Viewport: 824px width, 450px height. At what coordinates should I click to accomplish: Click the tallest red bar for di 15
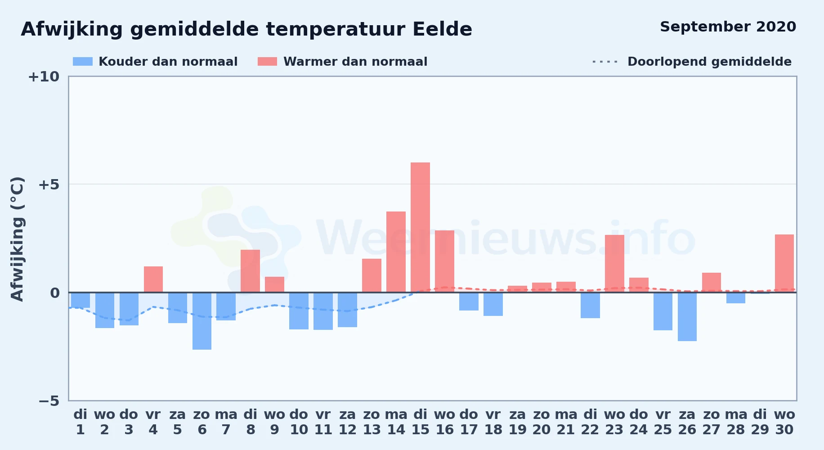(420, 227)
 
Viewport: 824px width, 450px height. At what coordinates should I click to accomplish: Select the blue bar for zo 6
(202, 321)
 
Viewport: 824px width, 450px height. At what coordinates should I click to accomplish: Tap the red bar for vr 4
(153, 279)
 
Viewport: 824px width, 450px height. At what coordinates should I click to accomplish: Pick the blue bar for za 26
(687, 317)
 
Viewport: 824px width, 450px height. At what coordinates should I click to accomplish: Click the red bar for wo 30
(784, 263)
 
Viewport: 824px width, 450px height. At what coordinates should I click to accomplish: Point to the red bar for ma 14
(396, 252)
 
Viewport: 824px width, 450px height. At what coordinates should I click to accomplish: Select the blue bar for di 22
(590, 305)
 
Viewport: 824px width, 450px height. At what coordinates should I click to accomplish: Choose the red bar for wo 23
(614, 264)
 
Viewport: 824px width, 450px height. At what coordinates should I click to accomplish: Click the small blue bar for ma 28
(736, 298)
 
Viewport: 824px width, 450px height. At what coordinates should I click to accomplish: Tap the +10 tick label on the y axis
(44, 76)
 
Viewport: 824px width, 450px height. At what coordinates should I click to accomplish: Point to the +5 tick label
(49, 184)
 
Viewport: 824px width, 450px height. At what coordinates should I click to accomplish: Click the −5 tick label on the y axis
(49, 401)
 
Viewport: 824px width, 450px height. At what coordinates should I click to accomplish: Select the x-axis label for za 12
(348, 422)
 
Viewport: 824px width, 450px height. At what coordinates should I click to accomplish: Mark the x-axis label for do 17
(469, 422)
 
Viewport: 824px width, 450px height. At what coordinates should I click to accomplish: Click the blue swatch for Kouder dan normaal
(83, 62)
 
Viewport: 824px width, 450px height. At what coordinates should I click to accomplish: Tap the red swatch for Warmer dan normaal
(267, 62)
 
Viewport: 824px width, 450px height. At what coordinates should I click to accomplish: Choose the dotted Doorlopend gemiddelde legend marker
(605, 62)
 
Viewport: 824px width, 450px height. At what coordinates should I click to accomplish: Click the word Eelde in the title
(443, 29)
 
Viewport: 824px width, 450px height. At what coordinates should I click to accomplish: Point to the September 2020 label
(728, 27)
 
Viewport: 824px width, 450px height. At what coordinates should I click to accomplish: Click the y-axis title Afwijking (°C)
(17, 239)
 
